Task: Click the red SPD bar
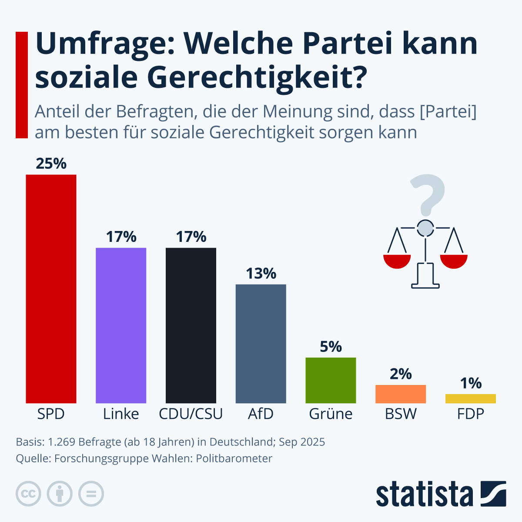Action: [x=51, y=289]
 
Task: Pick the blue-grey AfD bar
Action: [x=261, y=344]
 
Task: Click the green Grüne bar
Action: [x=331, y=380]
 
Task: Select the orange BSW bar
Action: [x=401, y=394]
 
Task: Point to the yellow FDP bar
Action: [x=470, y=398]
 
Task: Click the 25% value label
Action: [x=51, y=164]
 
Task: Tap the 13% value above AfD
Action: [x=261, y=274]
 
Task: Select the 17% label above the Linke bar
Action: [x=121, y=237]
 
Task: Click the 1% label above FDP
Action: [x=471, y=383]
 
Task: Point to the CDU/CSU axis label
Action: [x=191, y=414]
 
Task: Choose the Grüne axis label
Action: [x=331, y=414]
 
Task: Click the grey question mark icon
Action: [x=427, y=194]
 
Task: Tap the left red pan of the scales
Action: [x=397, y=261]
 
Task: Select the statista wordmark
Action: [x=424, y=495]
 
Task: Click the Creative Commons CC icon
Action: [x=28, y=494]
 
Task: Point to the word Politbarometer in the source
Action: [x=234, y=458]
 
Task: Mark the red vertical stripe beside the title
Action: [x=21, y=85]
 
